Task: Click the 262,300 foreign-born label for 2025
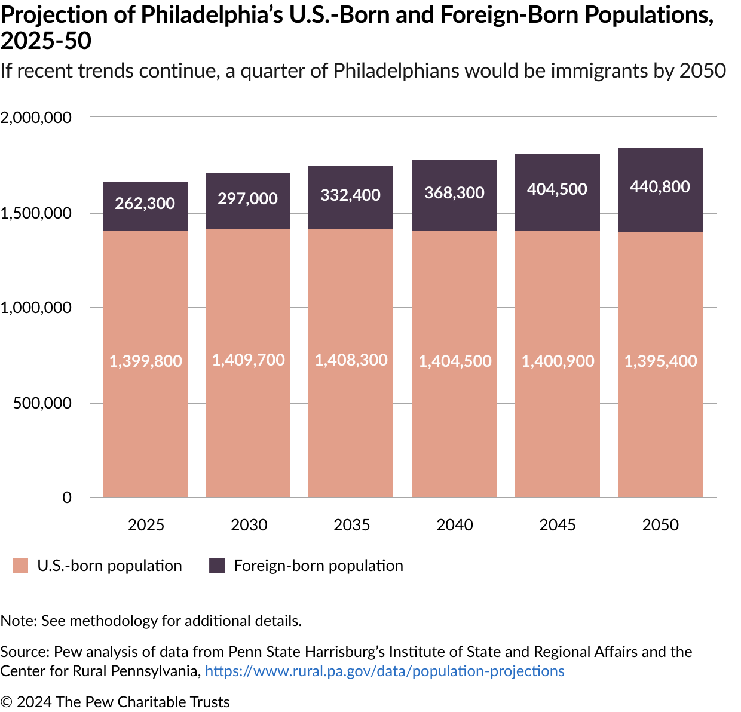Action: click(x=145, y=204)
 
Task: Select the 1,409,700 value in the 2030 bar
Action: click(x=248, y=360)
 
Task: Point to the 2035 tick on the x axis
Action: click(x=351, y=525)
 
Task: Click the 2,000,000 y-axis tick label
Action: click(x=36, y=118)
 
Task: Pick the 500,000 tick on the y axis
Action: click(x=42, y=403)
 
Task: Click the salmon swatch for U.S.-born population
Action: click(x=20, y=566)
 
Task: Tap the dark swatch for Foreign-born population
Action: click(x=217, y=566)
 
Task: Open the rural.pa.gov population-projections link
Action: click(x=384, y=671)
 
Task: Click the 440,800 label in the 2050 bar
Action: click(x=660, y=187)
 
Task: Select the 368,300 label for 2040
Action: click(x=454, y=193)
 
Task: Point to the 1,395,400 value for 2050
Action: click(x=660, y=361)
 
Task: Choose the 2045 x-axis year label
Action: click(x=557, y=525)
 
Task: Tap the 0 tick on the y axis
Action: click(x=67, y=498)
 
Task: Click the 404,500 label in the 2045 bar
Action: click(x=557, y=189)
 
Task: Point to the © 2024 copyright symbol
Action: click(x=6, y=702)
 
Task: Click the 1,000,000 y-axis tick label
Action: click(x=36, y=308)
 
